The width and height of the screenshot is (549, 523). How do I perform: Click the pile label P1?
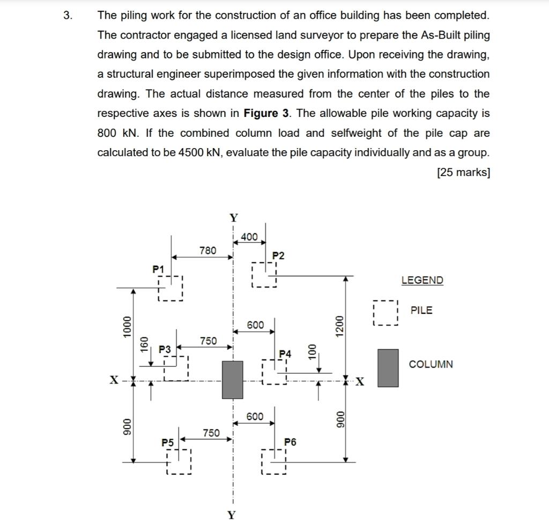point(159,268)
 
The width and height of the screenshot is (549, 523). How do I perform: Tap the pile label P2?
point(278,255)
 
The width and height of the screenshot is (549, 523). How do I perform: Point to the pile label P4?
point(286,353)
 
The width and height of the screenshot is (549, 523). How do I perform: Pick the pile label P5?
point(168,443)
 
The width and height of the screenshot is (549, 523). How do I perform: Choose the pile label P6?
point(290,442)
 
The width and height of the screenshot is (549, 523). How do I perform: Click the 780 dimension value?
point(207,250)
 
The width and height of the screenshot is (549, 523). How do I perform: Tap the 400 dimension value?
point(249,237)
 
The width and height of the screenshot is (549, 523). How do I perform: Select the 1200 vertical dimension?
point(338,326)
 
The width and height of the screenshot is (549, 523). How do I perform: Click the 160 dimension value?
point(144,344)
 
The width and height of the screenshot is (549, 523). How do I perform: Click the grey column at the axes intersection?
point(233,379)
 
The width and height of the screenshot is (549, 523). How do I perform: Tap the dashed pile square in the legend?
point(385,313)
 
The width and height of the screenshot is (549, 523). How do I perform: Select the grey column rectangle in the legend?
point(388,368)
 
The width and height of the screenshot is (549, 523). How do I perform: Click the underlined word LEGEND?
point(422,280)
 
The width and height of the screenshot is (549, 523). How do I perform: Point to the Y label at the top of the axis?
point(233,218)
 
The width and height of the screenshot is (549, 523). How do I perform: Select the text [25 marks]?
point(463,172)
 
